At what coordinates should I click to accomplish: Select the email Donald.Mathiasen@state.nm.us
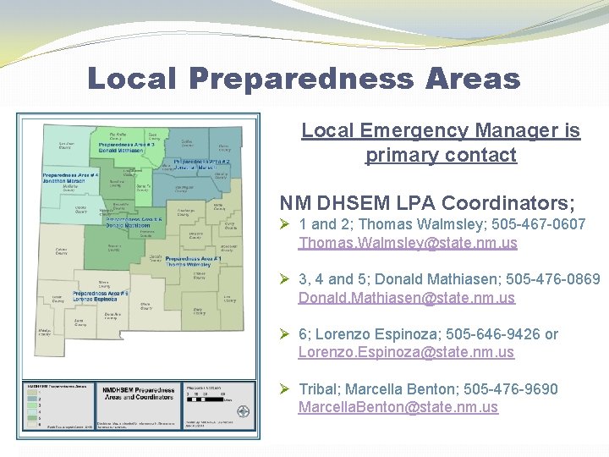(x=406, y=298)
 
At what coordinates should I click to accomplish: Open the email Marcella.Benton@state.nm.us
(x=398, y=407)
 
